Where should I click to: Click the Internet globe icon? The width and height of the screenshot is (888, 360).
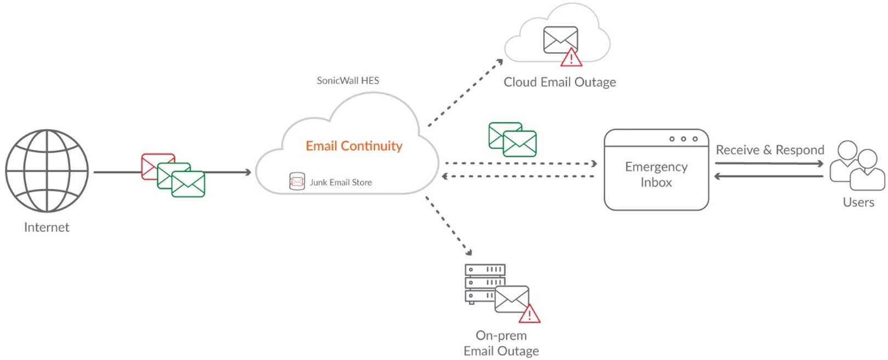click(47, 171)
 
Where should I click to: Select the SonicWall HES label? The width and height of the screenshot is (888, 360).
click(348, 81)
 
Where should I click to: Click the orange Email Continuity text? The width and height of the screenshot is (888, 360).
click(354, 146)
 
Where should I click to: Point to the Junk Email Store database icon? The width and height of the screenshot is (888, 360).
click(297, 181)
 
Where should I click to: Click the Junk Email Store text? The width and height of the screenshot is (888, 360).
click(340, 182)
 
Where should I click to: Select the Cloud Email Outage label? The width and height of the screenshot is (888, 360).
click(559, 82)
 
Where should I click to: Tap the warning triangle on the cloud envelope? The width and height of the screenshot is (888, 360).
click(571, 58)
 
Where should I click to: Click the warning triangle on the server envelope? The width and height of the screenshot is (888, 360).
click(529, 315)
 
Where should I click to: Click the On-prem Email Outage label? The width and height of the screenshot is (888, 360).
click(501, 343)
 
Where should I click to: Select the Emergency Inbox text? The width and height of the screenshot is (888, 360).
click(656, 174)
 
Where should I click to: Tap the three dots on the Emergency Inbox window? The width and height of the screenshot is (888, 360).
click(683, 139)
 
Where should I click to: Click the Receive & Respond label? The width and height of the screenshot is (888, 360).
click(770, 150)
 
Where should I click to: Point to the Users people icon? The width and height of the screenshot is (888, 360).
click(856, 165)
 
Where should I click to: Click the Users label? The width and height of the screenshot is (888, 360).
click(858, 202)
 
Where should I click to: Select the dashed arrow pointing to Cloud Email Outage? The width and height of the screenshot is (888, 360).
click(465, 93)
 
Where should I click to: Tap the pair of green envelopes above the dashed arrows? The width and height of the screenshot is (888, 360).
click(513, 140)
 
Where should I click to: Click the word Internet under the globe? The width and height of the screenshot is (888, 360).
click(47, 227)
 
